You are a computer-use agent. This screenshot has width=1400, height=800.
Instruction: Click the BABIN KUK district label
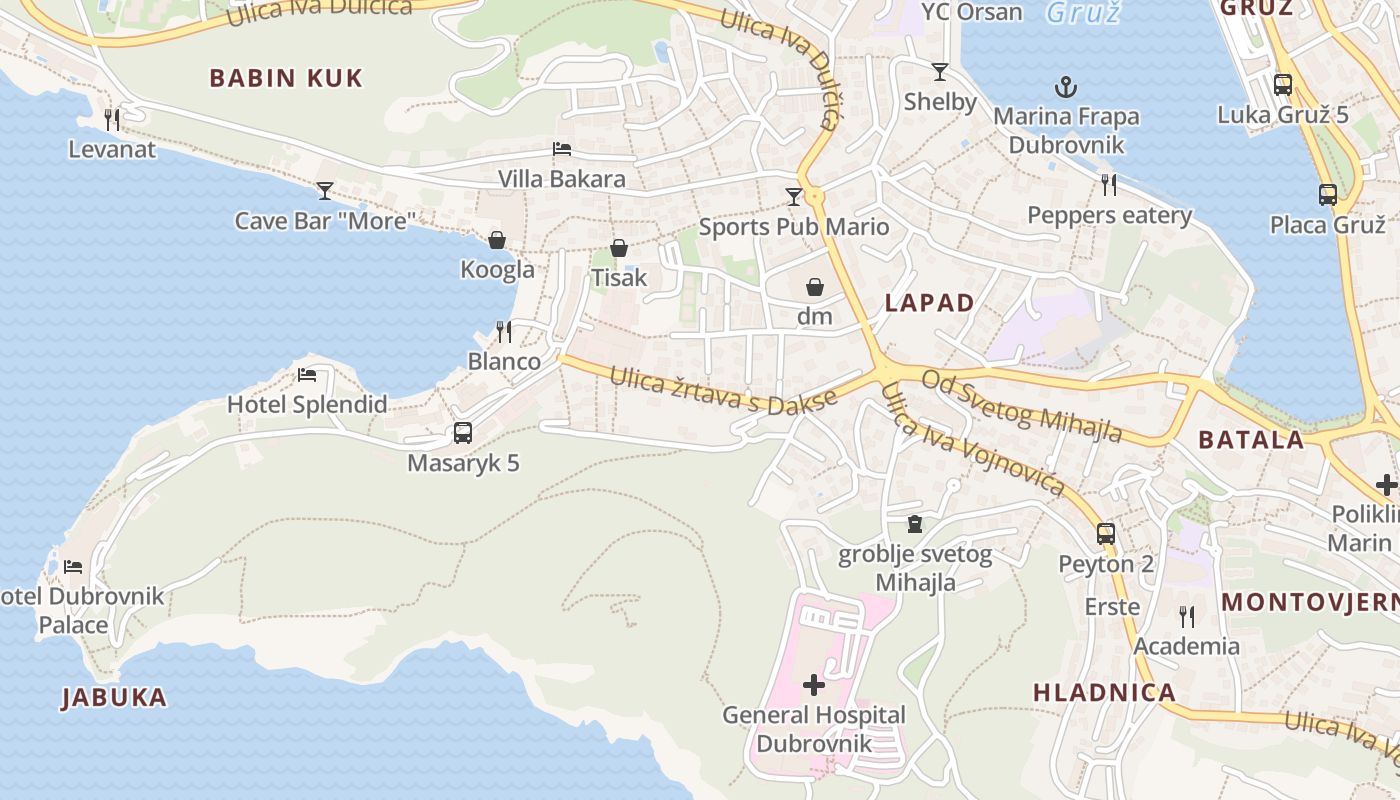(x=286, y=78)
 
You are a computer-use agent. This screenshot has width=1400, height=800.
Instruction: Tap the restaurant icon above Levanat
(x=112, y=119)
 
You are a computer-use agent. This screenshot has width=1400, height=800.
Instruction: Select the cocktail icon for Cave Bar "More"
(x=325, y=190)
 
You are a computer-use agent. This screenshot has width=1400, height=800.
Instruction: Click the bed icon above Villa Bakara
(x=562, y=149)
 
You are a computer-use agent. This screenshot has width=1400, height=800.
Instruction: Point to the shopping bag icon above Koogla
(x=497, y=240)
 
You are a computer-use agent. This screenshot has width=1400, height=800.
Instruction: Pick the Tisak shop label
(x=619, y=277)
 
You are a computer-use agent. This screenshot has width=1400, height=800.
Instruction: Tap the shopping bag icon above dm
(x=815, y=287)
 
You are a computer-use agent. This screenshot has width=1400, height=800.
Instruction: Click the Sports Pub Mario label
(x=794, y=226)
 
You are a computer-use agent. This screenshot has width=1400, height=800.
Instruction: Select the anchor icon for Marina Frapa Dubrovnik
(x=1066, y=87)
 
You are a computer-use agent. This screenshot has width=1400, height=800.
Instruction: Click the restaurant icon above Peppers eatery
(x=1109, y=184)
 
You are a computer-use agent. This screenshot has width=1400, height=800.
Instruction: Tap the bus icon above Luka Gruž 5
(x=1283, y=85)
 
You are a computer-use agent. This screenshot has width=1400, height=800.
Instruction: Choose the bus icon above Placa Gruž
(x=1328, y=194)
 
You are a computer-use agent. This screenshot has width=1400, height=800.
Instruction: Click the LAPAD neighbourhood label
(x=929, y=303)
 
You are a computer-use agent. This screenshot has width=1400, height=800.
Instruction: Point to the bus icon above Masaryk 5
(x=463, y=433)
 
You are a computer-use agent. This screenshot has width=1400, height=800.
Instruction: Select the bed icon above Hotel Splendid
(x=307, y=375)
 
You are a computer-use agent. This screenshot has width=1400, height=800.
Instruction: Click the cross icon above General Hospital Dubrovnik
(x=814, y=685)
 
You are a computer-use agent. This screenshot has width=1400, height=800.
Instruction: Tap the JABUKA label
(x=114, y=697)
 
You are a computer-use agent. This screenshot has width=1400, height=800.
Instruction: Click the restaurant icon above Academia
(x=1186, y=616)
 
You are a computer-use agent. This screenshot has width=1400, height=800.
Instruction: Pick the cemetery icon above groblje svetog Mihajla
(x=914, y=523)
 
